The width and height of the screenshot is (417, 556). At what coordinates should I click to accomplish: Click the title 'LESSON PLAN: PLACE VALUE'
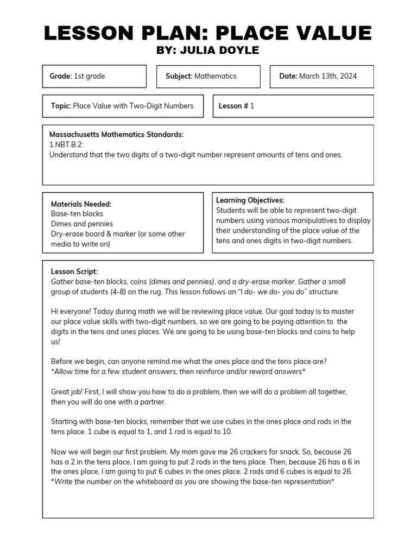(x=208, y=33)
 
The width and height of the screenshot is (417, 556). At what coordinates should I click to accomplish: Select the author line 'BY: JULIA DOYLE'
(x=208, y=50)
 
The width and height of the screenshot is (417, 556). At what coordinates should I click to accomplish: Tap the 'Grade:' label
(x=61, y=77)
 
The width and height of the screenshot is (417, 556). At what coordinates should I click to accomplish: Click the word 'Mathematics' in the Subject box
(x=216, y=77)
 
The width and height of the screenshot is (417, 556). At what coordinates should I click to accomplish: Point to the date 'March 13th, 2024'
(x=328, y=77)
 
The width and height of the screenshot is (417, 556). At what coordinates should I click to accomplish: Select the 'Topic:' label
(x=61, y=106)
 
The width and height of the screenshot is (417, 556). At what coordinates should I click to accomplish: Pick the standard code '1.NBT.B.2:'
(x=66, y=144)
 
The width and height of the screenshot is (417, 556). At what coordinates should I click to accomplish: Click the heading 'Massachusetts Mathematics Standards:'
(x=116, y=135)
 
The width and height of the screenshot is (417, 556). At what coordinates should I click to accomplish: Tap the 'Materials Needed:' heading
(x=81, y=204)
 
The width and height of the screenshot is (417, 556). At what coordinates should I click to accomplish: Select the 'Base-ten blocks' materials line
(x=77, y=214)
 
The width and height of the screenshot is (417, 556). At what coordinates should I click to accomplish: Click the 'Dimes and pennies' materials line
(x=82, y=224)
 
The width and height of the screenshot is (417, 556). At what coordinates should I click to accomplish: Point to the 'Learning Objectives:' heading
(x=250, y=200)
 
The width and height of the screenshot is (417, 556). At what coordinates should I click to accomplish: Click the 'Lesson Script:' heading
(x=74, y=271)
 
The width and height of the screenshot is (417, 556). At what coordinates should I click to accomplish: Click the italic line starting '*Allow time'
(x=178, y=371)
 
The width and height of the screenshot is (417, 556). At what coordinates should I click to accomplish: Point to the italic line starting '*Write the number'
(x=192, y=482)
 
